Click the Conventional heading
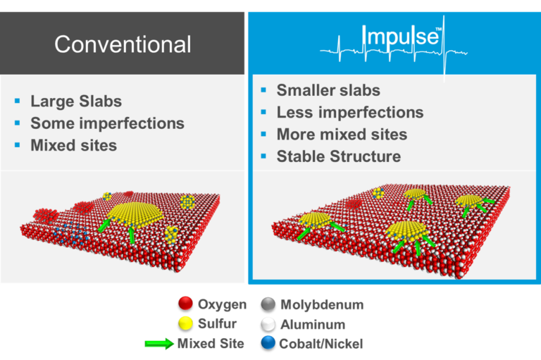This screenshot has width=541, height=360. (x=123, y=44)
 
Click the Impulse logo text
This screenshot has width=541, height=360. (x=401, y=37)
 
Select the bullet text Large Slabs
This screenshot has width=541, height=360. (x=76, y=101)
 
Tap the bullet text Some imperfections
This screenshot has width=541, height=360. (x=107, y=123)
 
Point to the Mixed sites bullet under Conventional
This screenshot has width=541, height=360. (x=73, y=146)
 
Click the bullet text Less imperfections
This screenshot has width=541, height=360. (x=350, y=112)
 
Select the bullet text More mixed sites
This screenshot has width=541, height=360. (x=342, y=134)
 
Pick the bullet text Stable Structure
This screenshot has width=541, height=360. (x=338, y=156)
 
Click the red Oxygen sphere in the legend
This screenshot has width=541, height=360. (x=186, y=304)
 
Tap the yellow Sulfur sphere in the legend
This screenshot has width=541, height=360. (x=186, y=324)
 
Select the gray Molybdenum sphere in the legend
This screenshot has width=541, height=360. (x=268, y=304)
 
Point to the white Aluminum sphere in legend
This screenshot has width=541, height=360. (x=268, y=324)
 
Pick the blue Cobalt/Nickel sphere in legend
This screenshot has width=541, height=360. (x=268, y=344)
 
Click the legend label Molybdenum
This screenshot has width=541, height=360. (x=321, y=304)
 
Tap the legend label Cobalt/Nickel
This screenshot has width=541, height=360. (x=321, y=344)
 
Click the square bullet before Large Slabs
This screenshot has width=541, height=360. (x=18, y=101)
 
